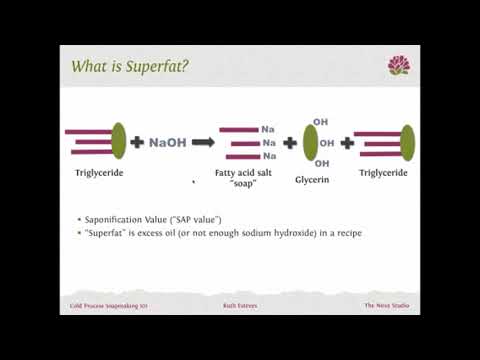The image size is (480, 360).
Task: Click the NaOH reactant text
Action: (167, 143)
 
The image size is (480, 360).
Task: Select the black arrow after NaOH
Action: (203, 142)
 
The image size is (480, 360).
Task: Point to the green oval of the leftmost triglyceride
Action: (119, 140)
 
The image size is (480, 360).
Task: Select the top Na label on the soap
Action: (268, 129)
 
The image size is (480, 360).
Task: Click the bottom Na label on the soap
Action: (268, 156)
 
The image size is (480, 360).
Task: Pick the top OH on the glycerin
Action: (320, 122)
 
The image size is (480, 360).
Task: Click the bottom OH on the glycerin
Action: (320, 163)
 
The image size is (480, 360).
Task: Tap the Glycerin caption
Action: (312, 181)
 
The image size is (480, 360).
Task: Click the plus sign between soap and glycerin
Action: (290, 142)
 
